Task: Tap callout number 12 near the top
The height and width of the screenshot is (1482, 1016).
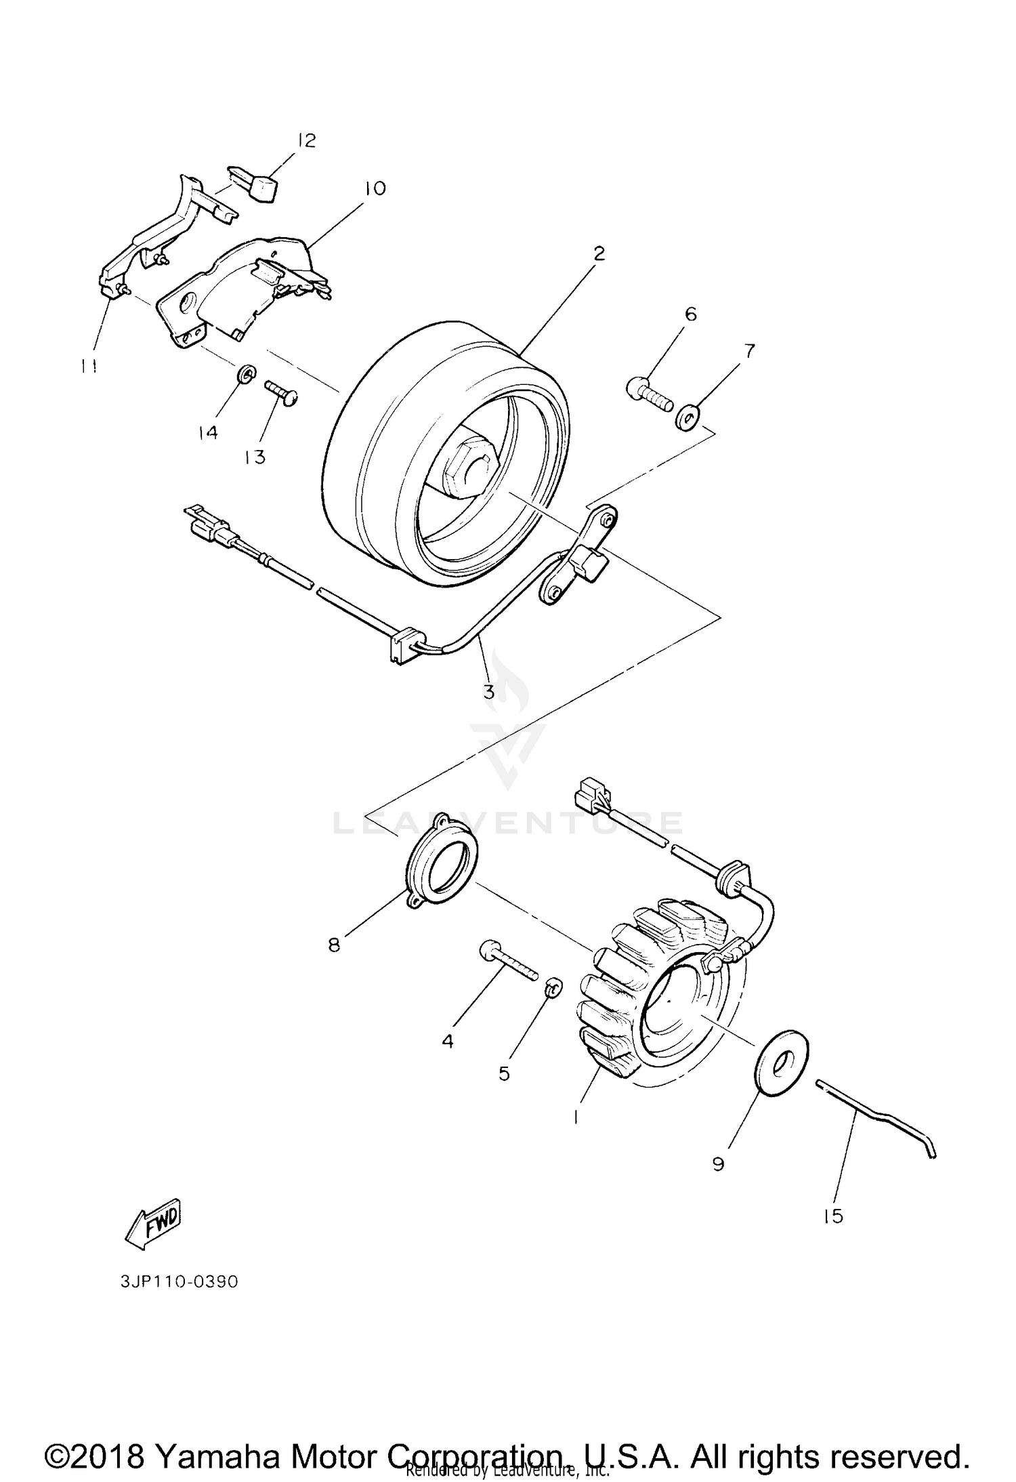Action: pyautogui.click(x=305, y=141)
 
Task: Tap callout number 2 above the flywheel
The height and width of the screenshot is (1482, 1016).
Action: pyautogui.click(x=598, y=254)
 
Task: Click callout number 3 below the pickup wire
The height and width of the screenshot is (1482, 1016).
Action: pyautogui.click(x=488, y=692)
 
